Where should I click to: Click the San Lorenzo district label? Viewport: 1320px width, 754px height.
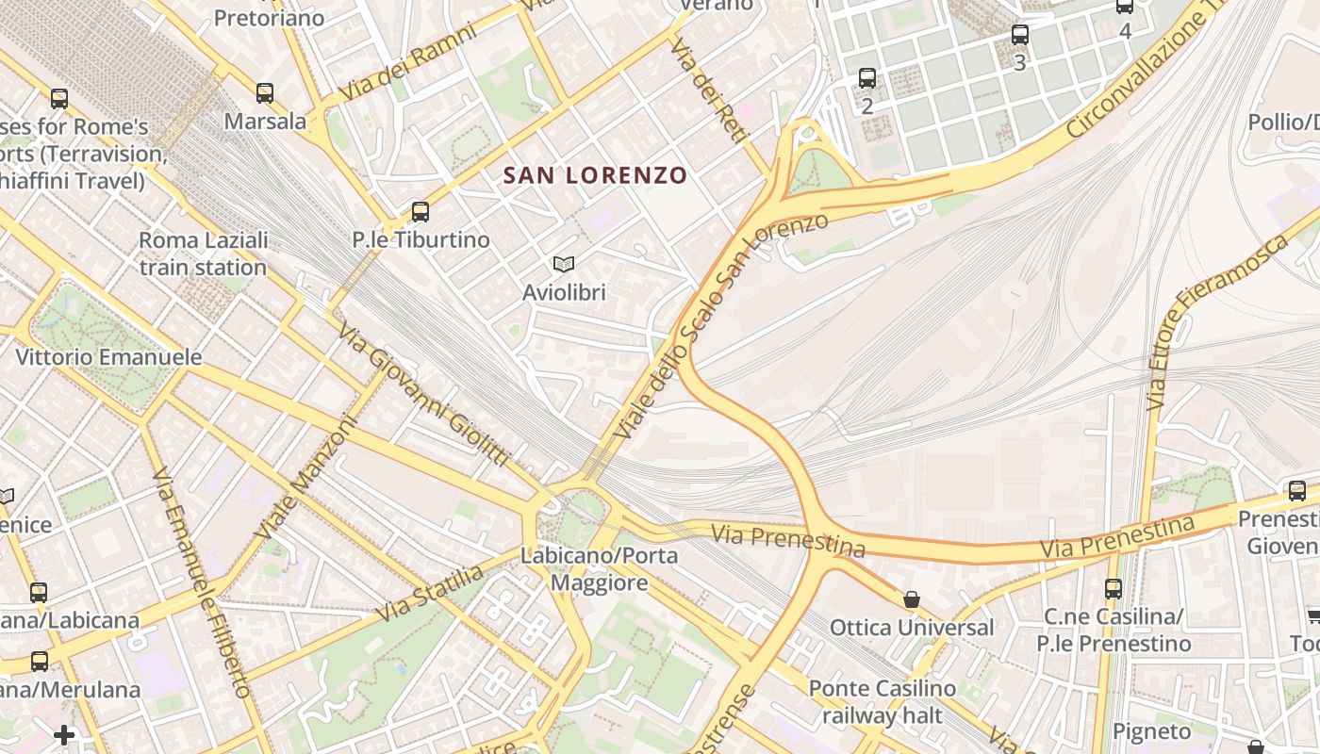click(x=595, y=175)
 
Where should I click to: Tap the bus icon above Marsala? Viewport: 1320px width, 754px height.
click(x=265, y=93)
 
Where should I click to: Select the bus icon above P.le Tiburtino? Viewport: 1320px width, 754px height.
click(x=421, y=212)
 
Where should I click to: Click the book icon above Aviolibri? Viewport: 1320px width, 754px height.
click(x=564, y=265)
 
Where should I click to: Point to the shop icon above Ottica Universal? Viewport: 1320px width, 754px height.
click(x=912, y=599)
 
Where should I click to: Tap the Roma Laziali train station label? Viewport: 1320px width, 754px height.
click(x=203, y=254)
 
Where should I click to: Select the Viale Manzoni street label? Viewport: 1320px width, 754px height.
click(x=307, y=477)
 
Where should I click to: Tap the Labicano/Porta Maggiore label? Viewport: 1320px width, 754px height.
click(x=600, y=568)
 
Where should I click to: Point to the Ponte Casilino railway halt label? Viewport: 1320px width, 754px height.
click(x=882, y=702)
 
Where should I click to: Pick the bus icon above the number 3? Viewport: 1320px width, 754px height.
click(x=1019, y=36)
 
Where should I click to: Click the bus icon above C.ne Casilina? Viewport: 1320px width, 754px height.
click(x=1114, y=589)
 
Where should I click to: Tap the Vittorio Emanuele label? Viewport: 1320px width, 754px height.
click(x=108, y=357)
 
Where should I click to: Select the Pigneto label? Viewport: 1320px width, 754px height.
click(x=1151, y=731)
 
